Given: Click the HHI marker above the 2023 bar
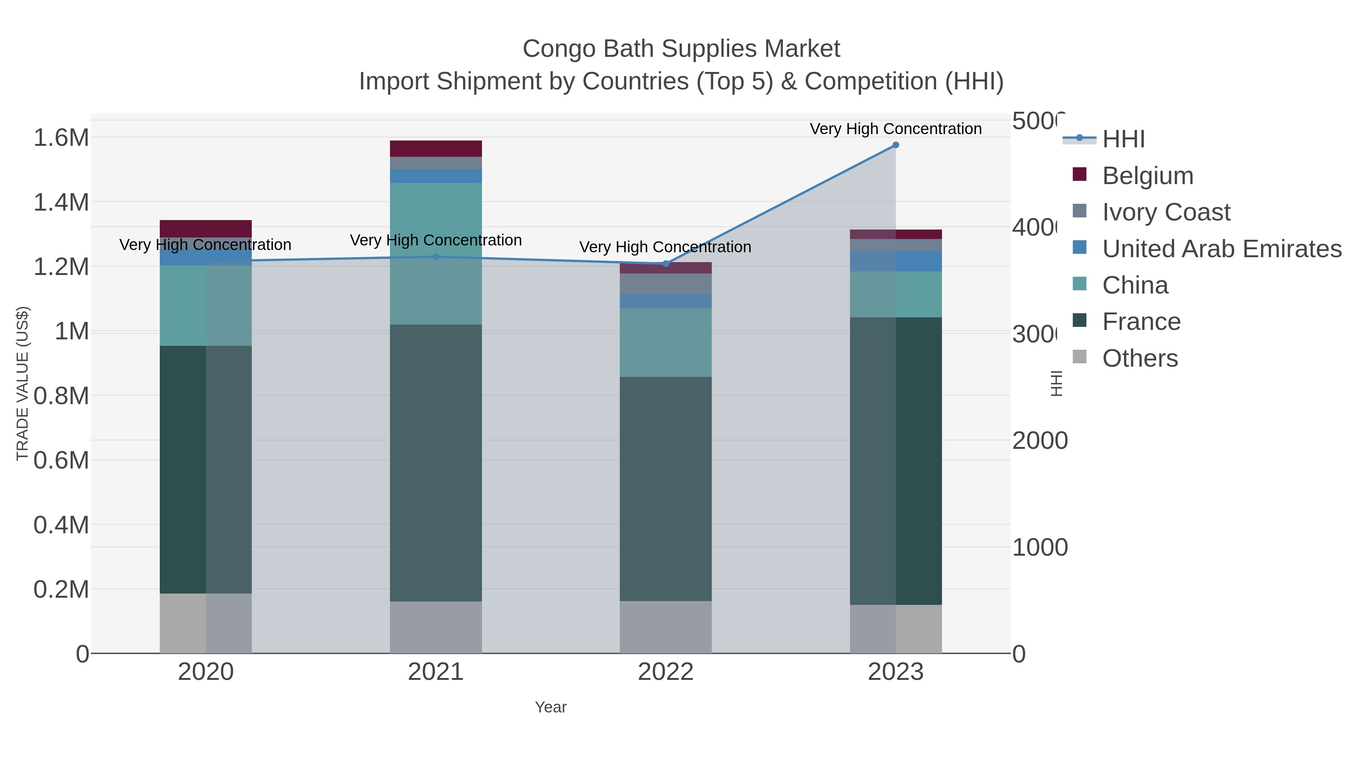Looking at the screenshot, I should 895,145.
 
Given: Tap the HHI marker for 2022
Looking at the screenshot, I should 666,264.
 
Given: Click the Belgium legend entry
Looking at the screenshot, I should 1147,175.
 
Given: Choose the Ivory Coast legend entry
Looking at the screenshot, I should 1166,212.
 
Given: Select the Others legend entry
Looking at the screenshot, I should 1140,358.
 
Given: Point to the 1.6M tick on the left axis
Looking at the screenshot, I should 61,137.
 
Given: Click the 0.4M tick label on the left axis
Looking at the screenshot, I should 61,525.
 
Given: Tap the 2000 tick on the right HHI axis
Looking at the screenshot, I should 1039,441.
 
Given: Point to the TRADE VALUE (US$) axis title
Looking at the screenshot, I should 22,383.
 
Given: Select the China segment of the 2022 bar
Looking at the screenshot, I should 666,342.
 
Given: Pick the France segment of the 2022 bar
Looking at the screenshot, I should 666,488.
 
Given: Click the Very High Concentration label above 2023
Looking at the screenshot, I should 895,129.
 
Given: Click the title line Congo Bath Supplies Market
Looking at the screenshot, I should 681,49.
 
